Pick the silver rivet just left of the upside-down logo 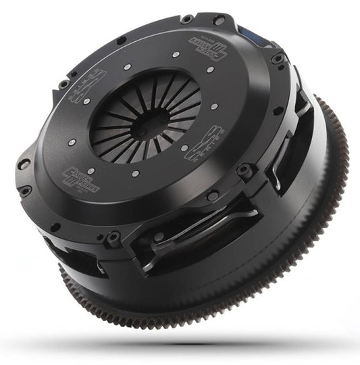point(174,53)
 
